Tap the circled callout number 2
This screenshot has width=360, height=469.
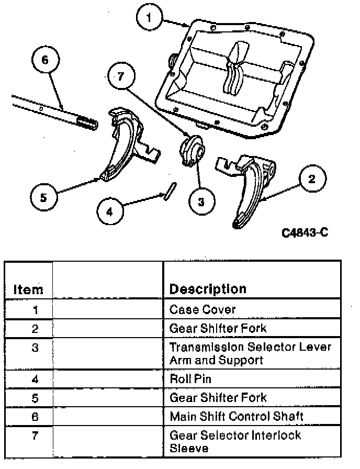pos(311,180)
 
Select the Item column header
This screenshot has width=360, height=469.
pos(28,288)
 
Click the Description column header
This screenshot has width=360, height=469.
pos(207,288)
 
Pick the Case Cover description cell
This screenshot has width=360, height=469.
pos(202,309)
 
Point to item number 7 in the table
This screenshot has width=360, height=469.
pos(35,434)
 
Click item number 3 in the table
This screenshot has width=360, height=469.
pos(35,347)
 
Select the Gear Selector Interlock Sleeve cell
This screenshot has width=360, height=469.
pos(235,441)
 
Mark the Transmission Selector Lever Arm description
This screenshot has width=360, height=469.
pos(250,353)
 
